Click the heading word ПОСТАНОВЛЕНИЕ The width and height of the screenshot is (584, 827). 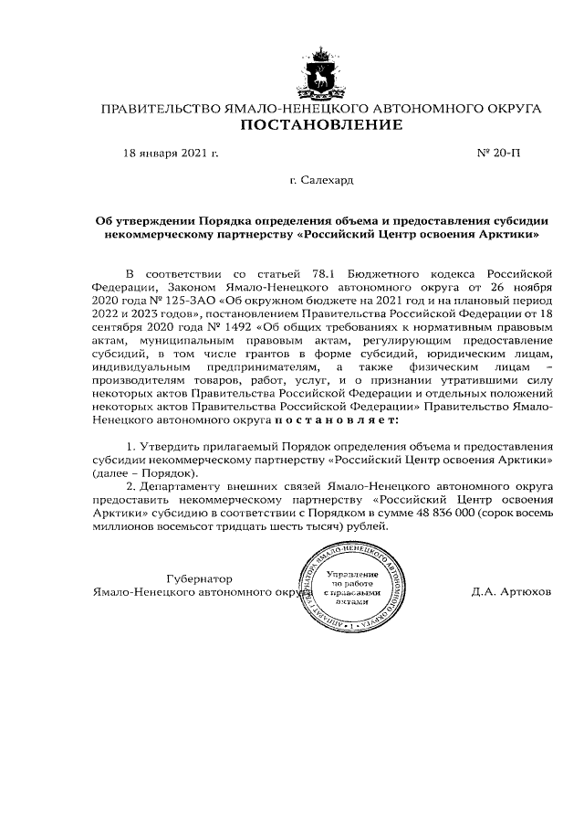coord(320,125)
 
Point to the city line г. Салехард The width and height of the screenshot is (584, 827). coord(321,180)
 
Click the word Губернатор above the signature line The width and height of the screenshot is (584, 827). coord(199,578)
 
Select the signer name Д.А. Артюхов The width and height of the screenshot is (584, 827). coord(511,591)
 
